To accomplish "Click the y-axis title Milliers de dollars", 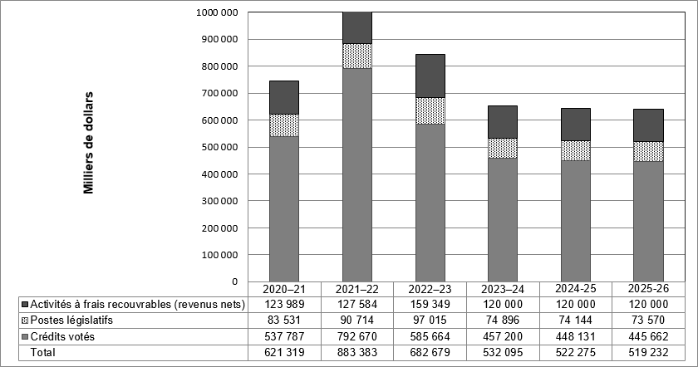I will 88,147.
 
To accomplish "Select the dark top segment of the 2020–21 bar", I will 284,97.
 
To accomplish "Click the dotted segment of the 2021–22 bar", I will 357,56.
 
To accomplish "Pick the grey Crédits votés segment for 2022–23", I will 430,202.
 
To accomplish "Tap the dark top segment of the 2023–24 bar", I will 503,122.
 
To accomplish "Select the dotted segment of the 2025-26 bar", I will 648,151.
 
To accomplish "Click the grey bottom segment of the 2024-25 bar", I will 575,221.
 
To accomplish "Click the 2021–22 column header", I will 358,289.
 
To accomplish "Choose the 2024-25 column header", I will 575,289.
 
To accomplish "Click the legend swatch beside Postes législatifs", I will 23,320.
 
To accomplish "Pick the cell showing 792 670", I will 358,335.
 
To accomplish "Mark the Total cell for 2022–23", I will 430,352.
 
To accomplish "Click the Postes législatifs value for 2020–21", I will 285,320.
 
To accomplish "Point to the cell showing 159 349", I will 430,304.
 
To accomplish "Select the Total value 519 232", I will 648,352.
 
